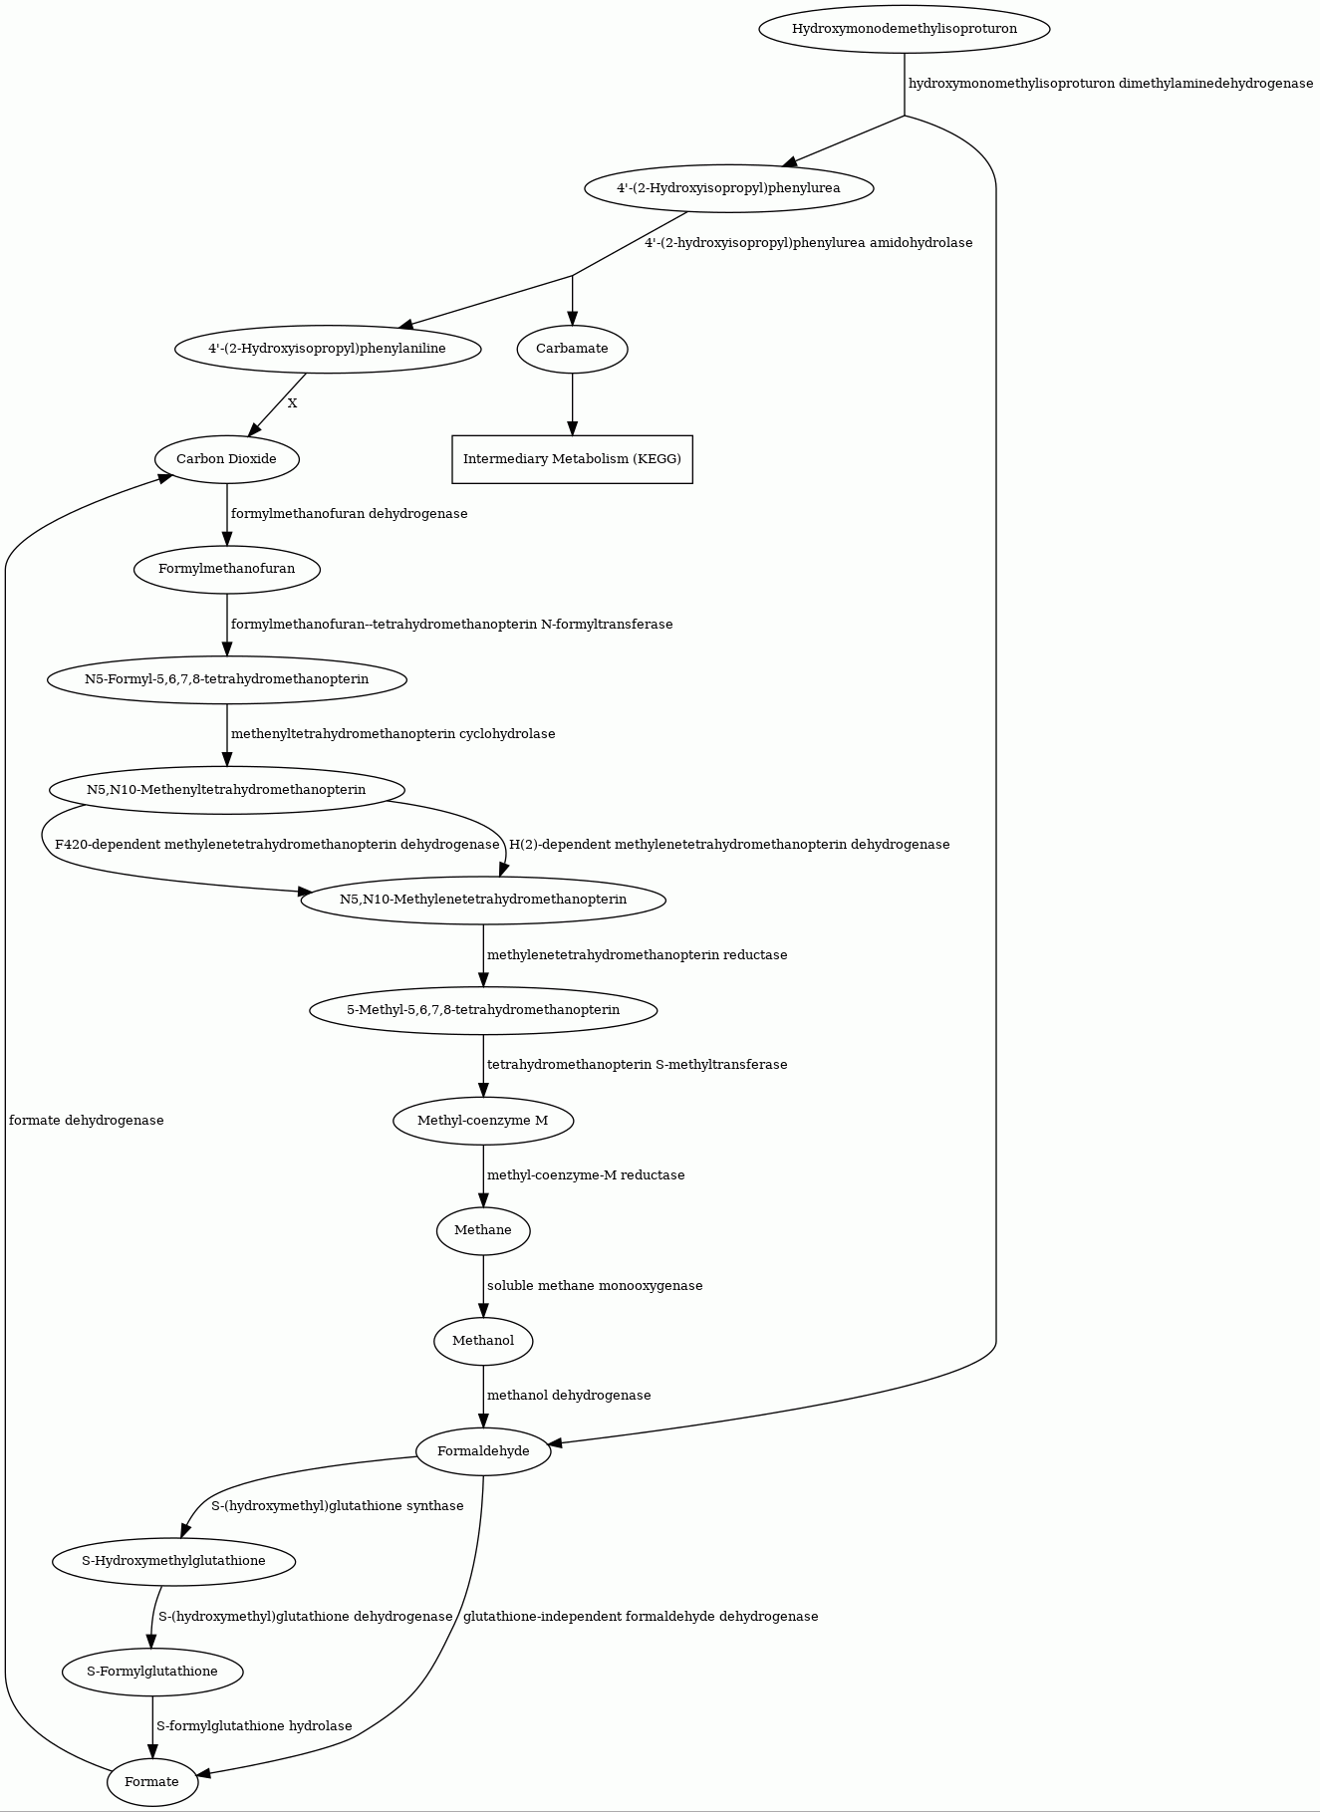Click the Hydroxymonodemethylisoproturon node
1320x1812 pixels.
coord(905,29)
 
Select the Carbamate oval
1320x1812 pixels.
coord(572,349)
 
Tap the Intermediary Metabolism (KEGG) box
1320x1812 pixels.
coord(572,459)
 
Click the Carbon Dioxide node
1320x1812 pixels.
coord(226,459)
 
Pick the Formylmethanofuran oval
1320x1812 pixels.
coord(226,569)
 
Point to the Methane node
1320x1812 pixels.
coord(483,1230)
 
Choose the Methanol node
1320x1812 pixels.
coord(483,1341)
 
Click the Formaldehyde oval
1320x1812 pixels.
coord(483,1451)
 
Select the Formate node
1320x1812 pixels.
coord(152,1782)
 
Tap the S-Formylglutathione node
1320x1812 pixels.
coord(152,1672)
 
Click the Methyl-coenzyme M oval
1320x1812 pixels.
coord(483,1121)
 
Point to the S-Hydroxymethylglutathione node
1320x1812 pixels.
coord(174,1561)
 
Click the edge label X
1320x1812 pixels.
coord(292,403)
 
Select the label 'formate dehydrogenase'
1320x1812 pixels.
coord(86,1121)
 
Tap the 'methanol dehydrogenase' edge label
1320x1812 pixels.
coord(569,1396)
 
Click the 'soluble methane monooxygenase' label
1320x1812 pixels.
coord(595,1286)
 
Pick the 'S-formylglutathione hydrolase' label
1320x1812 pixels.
coord(254,1726)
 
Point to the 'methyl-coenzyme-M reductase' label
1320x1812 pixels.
coord(586,1175)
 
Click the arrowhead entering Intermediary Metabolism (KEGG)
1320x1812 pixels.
coord(572,427)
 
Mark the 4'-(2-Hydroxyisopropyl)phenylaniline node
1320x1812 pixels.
coord(328,349)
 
